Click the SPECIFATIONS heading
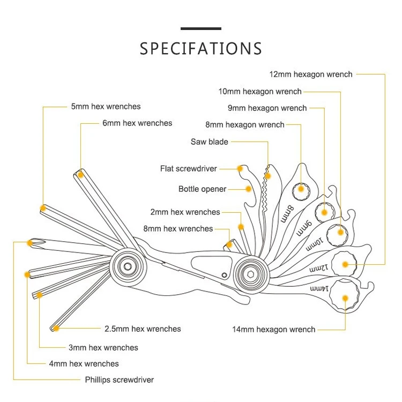tap(201, 49)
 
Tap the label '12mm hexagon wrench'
tap(311, 74)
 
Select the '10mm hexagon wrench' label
tap(260, 92)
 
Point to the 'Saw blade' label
tap(209, 142)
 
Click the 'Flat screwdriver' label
tap(188, 169)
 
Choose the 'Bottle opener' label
tap(202, 189)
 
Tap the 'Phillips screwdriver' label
tap(119, 380)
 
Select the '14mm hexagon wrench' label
tap(273, 329)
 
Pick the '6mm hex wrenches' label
tap(137, 123)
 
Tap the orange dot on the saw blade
tap(268, 176)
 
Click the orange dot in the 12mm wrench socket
tap(345, 264)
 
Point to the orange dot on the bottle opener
tap(248, 189)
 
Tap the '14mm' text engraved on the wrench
tap(318, 289)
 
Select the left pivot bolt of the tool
tap(127, 266)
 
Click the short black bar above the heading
tap(201, 28)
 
